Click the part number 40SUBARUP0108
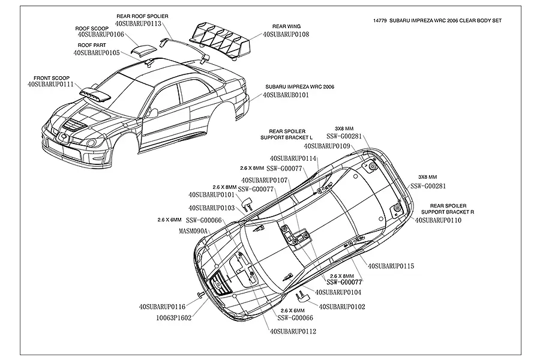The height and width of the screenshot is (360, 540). pos(286,35)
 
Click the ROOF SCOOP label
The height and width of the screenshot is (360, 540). pos(92,28)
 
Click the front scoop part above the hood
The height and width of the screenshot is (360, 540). pos(95,92)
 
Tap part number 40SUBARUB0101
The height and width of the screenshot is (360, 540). pos(287,95)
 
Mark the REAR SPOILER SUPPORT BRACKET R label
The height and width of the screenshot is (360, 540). pos(448,209)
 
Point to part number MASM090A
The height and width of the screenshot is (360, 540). pos(193,230)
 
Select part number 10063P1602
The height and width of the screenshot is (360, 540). pos(173,318)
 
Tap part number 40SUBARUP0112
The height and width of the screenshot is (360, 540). pos(293,331)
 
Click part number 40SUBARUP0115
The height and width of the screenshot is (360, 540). pos(391,265)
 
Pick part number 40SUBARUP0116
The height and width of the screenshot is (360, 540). pos(162,307)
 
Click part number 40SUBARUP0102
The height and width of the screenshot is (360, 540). pos(342,307)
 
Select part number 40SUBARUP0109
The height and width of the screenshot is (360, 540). pos(327,145)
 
